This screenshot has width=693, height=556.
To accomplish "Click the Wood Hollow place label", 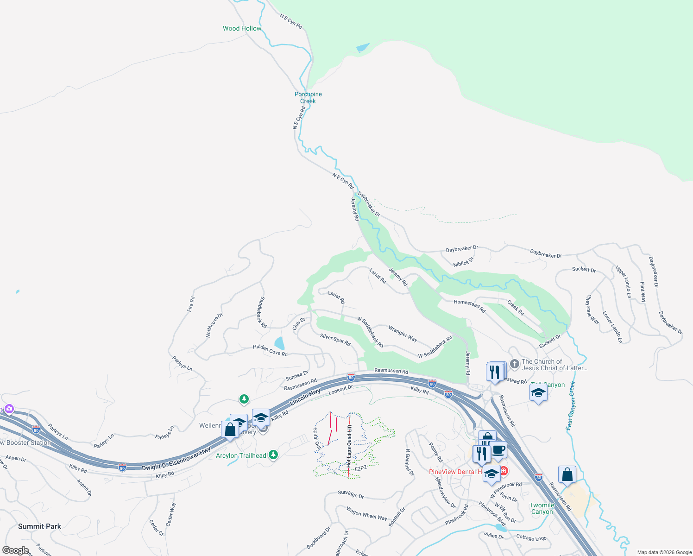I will click(x=242, y=28).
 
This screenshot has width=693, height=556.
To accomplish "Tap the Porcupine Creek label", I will click(x=308, y=97).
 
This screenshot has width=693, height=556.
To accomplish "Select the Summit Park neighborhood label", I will click(x=39, y=526).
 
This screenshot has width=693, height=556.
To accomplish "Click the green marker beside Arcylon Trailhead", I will click(x=273, y=455).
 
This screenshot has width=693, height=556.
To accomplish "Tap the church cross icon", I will click(x=514, y=364).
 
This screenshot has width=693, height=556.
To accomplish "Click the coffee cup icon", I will click(x=499, y=449).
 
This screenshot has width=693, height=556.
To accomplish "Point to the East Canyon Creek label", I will click(x=571, y=406).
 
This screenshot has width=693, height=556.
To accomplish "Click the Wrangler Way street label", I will click(x=403, y=334).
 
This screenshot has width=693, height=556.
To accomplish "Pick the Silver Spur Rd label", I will click(x=335, y=340).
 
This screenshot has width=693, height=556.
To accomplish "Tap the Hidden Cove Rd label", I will click(x=270, y=350).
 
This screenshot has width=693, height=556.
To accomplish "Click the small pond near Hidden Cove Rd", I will click(x=279, y=343).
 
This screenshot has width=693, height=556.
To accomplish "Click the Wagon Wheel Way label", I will click(x=366, y=513).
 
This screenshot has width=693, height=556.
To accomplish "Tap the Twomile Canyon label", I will click(x=542, y=508).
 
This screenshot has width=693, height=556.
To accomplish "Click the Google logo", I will click(x=16, y=550).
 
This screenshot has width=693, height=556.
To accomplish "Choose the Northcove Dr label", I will click(x=214, y=325).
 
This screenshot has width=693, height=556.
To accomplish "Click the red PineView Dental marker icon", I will click(x=504, y=472).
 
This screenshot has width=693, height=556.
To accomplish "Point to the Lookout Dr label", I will click(x=340, y=390).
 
